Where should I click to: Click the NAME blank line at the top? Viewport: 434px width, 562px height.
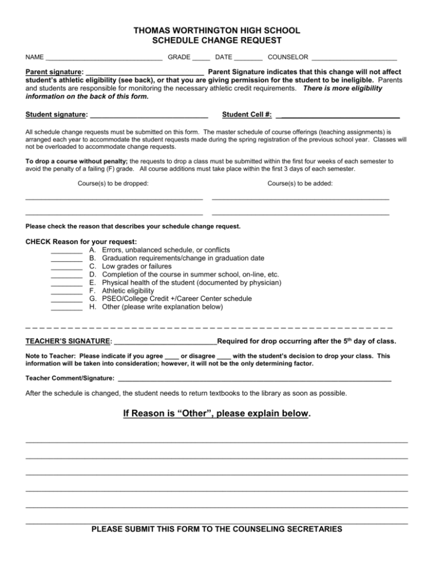click(x=105, y=58)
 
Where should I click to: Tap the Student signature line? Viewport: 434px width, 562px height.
click(x=148, y=117)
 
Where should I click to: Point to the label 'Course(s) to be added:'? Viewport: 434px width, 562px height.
click(x=300, y=183)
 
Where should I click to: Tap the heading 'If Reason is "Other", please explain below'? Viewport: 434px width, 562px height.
click(x=216, y=414)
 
